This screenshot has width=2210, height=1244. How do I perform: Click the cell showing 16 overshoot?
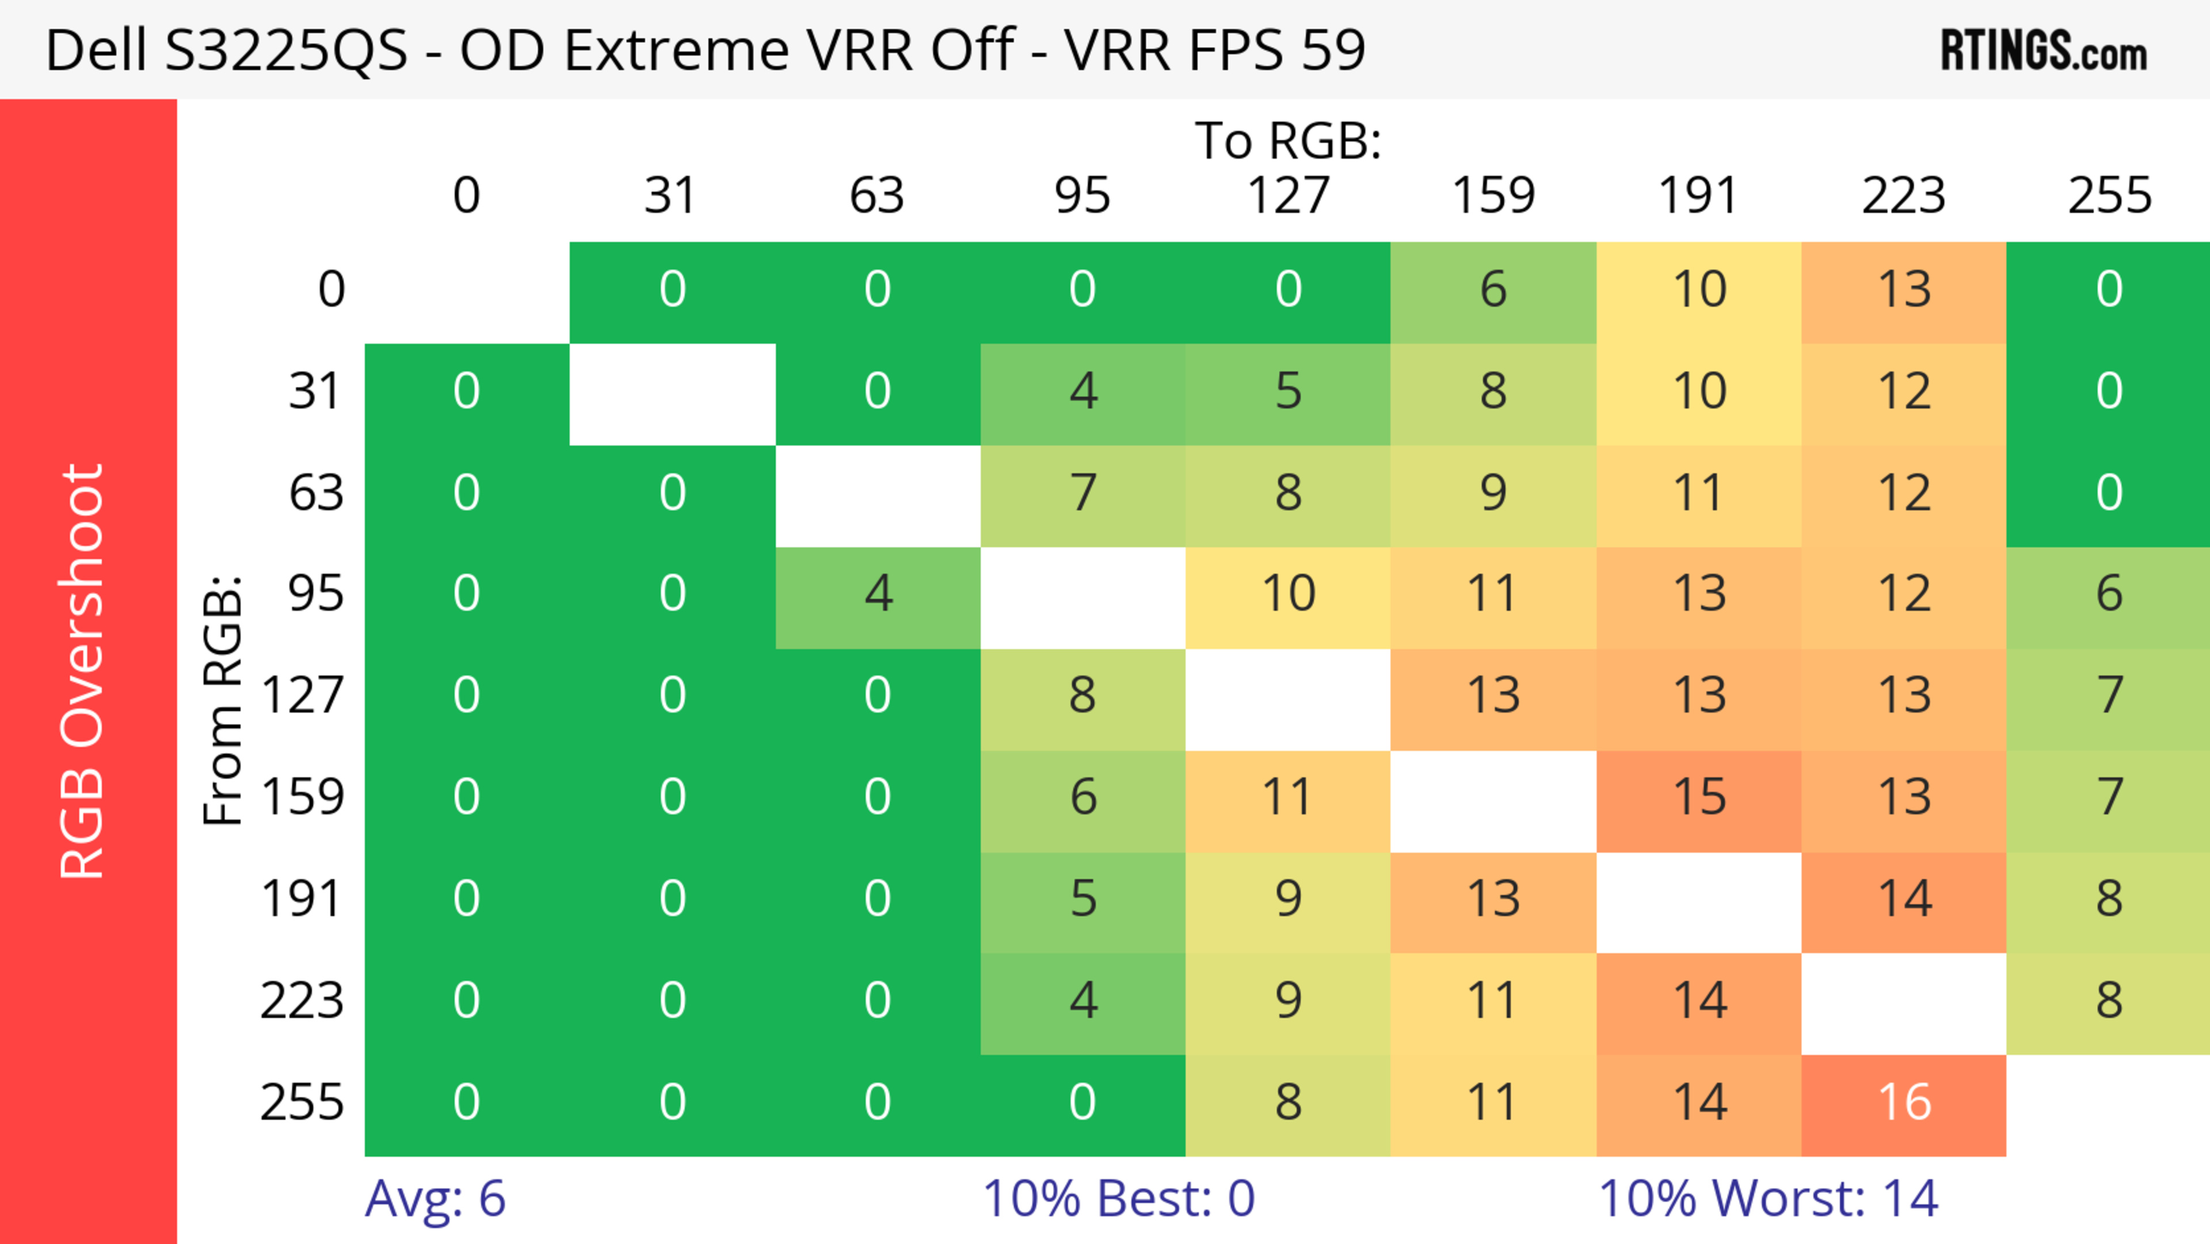1904,1104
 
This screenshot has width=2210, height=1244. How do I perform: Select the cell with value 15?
1699,798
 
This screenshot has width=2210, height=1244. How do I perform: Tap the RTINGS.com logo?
2044,50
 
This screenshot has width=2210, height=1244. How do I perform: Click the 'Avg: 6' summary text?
435,1199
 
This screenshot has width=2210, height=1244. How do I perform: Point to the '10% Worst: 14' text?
1767,1199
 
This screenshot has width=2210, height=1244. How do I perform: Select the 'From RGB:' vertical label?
223,699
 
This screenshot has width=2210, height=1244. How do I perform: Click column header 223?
1904,196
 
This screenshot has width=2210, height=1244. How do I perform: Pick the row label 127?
303,695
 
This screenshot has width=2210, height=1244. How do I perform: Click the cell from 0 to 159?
1493,290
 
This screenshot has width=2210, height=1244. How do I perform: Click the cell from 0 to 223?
1904,290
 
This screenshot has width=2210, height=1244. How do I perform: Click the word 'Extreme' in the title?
676,50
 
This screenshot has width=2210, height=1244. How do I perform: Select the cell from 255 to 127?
1288,1104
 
